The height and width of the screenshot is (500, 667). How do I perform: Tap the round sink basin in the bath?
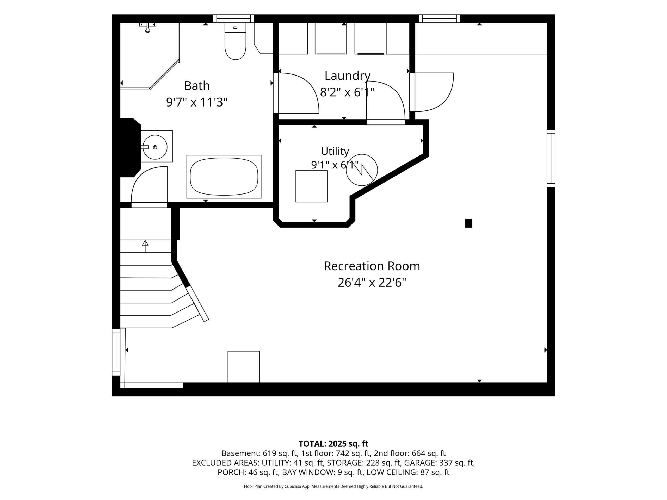(x=155, y=147)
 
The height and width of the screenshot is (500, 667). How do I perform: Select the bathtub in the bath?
(x=224, y=177)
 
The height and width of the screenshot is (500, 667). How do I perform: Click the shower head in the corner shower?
(x=147, y=27)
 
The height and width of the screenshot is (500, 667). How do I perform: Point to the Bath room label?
(x=197, y=86)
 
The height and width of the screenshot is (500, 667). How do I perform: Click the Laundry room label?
(x=347, y=76)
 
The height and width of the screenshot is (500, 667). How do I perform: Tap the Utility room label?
(x=335, y=151)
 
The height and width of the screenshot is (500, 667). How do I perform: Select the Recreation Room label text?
(x=372, y=266)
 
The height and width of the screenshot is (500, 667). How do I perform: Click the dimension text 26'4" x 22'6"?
(x=372, y=283)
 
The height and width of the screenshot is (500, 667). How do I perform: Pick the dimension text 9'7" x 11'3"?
(x=197, y=102)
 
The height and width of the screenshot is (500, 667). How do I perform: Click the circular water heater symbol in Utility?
(x=362, y=170)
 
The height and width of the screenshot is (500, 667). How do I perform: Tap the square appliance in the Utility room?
(x=312, y=186)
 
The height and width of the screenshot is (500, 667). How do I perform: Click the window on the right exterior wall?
(x=551, y=159)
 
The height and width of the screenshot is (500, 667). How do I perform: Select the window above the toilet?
(x=234, y=19)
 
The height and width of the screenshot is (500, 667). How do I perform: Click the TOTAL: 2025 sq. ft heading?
(x=333, y=444)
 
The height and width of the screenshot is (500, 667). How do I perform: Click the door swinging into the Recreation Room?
(x=431, y=92)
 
